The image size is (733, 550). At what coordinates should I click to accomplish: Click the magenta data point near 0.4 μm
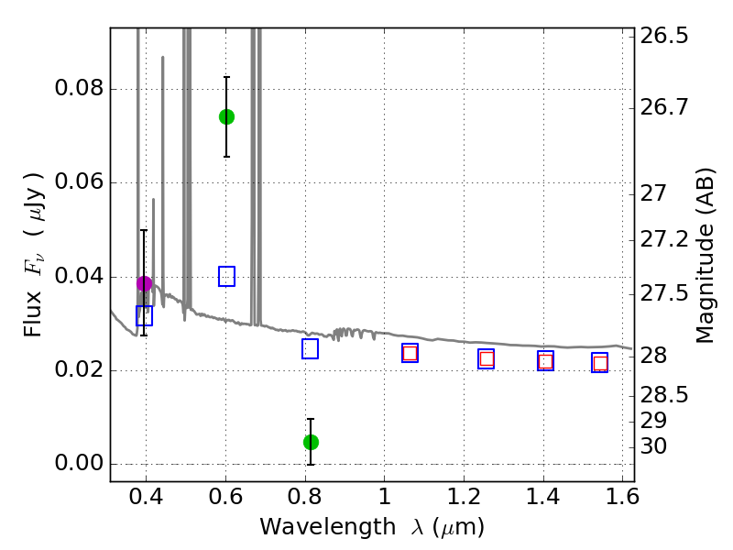click(144, 283)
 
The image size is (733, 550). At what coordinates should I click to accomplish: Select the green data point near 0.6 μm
click(226, 116)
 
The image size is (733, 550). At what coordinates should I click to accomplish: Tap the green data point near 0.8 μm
click(311, 442)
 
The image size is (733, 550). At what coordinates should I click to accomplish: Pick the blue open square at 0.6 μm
click(226, 276)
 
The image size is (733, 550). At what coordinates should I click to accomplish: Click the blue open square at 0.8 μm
click(310, 348)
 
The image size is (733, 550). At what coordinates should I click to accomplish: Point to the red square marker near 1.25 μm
click(487, 359)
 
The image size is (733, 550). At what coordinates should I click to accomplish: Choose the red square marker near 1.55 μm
click(600, 364)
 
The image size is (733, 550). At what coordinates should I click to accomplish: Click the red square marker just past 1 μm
click(410, 353)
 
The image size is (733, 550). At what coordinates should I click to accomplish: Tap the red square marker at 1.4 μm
click(545, 361)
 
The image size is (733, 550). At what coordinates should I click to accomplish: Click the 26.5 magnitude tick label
click(664, 38)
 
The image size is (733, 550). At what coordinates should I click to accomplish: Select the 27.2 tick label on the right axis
click(664, 240)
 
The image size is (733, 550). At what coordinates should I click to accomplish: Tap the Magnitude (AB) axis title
click(705, 255)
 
